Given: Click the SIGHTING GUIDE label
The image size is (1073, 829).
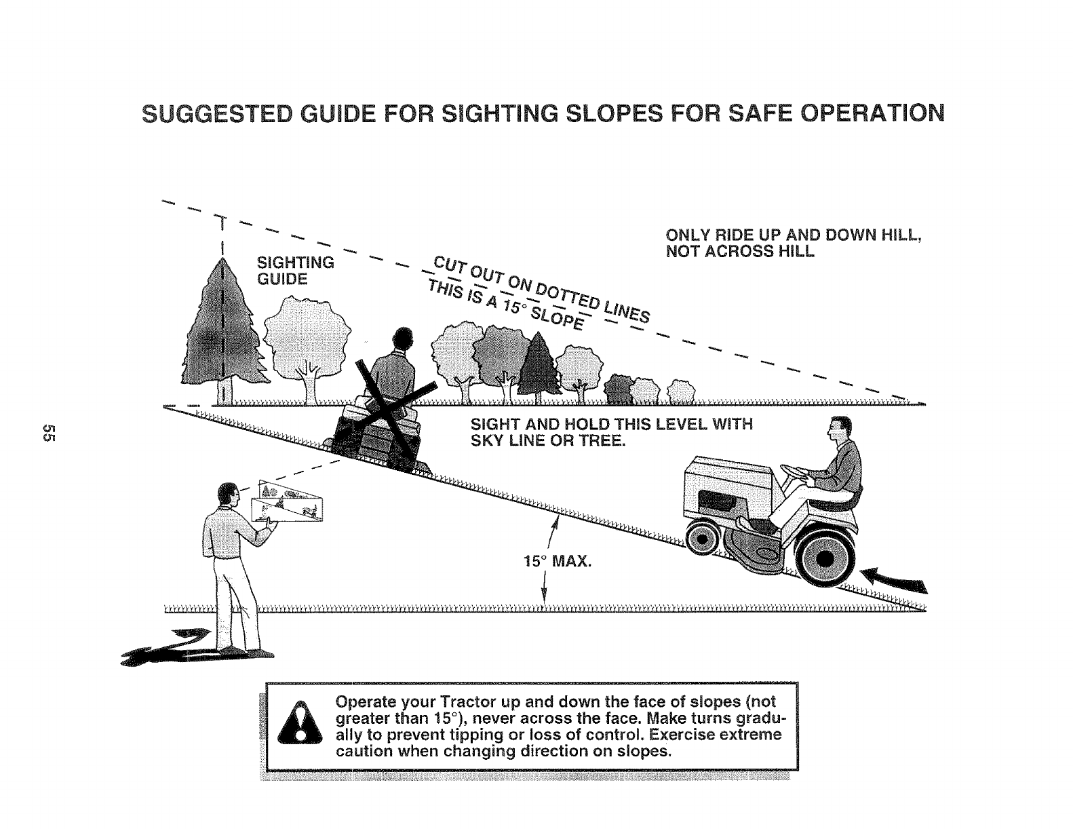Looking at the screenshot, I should point(295,270).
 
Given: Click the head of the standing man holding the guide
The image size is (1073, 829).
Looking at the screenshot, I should point(227,495).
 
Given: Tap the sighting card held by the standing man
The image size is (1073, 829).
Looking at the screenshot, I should point(288,503).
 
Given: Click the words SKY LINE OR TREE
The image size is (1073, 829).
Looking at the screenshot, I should point(547,441).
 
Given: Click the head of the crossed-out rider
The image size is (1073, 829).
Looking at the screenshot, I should point(403,337).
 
